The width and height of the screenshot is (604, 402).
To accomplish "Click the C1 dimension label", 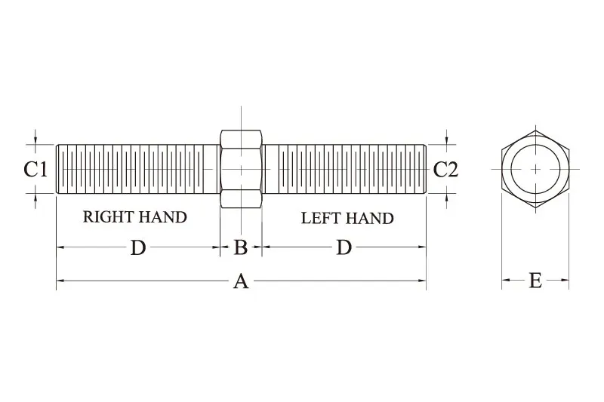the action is (35, 170).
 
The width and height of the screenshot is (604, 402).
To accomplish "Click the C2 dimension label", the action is (446, 170).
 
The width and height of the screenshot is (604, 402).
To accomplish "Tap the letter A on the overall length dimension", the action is (241, 281).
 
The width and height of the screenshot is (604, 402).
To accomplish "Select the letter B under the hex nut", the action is (241, 247).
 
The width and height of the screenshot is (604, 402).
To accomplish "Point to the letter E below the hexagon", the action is (535, 281).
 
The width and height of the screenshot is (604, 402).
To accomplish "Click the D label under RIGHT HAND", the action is (138, 247).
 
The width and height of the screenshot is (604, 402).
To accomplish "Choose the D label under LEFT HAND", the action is (344, 247).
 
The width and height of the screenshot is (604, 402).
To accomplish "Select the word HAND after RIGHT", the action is (162, 217).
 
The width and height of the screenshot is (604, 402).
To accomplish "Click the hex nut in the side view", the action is (241, 169).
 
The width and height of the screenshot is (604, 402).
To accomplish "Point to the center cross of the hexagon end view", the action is (535, 169).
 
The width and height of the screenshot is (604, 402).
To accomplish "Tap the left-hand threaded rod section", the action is (344, 169).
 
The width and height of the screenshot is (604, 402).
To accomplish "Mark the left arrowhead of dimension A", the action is (60, 281).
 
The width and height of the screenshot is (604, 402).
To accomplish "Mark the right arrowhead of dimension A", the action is (422, 281).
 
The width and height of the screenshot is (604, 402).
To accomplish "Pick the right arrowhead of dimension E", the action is (565, 280).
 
